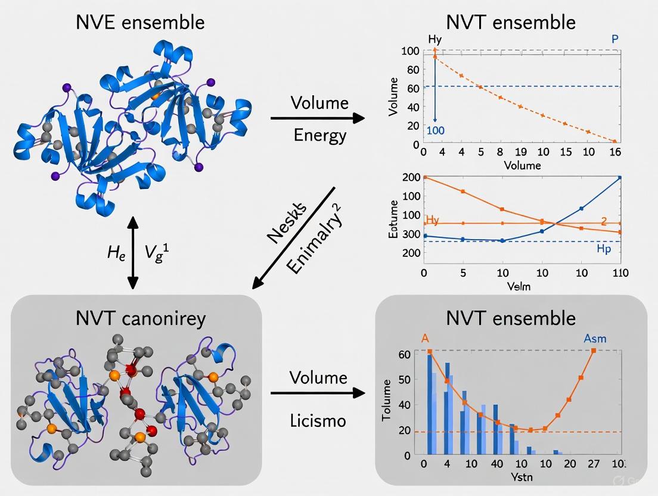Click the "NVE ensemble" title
coord(140,23)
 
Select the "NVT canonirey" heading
coord(141,318)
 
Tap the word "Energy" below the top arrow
coord(319,135)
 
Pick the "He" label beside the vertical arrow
coord(116,253)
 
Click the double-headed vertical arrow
coord(134,253)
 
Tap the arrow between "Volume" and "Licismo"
coord(317,393)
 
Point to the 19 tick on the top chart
coord(520,152)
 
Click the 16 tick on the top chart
coord(614,152)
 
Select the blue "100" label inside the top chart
coord(436,131)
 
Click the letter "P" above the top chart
coord(615,39)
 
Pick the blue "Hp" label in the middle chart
coord(604,249)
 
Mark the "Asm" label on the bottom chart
coord(595,339)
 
